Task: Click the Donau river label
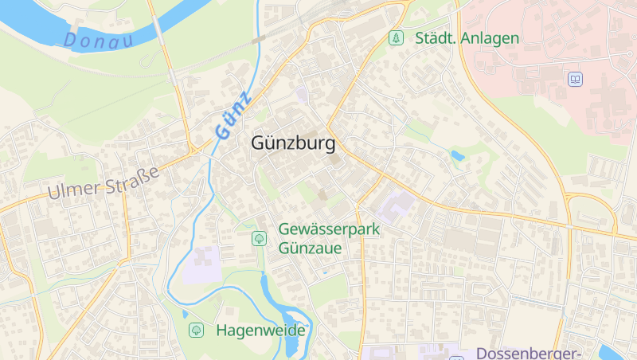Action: (x=98, y=40)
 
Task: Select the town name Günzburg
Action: (x=293, y=144)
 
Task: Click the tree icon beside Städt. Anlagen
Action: (x=395, y=37)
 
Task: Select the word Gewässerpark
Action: (x=330, y=229)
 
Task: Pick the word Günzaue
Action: (x=311, y=248)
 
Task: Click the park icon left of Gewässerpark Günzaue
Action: (x=259, y=238)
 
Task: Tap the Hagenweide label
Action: (x=261, y=330)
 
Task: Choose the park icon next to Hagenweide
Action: (x=196, y=330)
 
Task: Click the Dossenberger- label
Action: (x=529, y=353)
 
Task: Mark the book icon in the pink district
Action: (x=575, y=79)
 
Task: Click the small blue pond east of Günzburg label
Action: (x=457, y=155)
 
